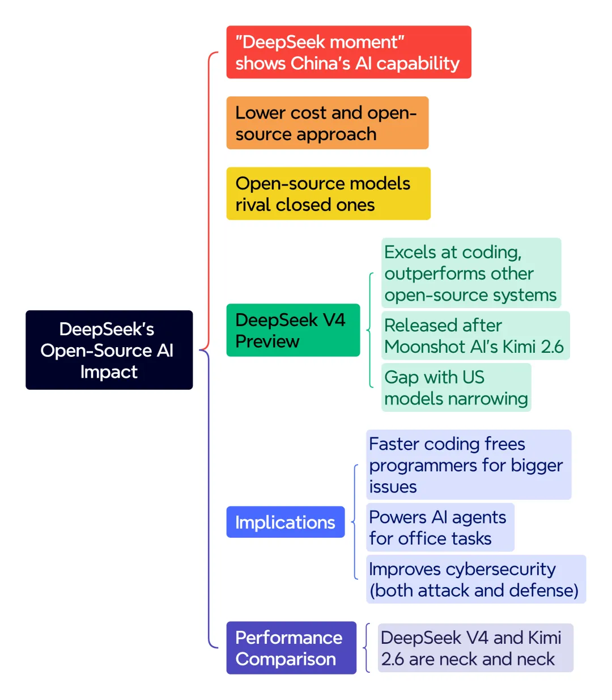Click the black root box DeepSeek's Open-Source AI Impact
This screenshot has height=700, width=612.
tap(109, 349)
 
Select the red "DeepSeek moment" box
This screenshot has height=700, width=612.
tap(348, 52)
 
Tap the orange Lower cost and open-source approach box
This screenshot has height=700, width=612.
tap(328, 123)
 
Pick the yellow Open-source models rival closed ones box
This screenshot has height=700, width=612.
tap(328, 193)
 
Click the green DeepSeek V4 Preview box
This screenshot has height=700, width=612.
tap(293, 330)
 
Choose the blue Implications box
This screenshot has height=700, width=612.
tap(286, 522)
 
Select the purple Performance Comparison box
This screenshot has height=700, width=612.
tap(291, 648)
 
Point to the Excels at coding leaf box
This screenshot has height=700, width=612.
tap(471, 273)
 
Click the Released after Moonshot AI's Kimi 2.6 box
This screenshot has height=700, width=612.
tap(475, 335)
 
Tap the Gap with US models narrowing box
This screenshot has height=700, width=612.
tap(456, 387)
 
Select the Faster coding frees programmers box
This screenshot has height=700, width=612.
tap(469, 465)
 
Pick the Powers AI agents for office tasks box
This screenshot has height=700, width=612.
tap(440, 527)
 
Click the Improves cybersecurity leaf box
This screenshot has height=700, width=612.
tap(476, 579)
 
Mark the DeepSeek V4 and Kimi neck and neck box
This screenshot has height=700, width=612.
tap(475, 648)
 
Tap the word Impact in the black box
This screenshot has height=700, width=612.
tap(109, 372)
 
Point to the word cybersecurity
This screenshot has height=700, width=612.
tap(500, 570)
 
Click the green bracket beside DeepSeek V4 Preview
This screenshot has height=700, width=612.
tap(369, 330)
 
